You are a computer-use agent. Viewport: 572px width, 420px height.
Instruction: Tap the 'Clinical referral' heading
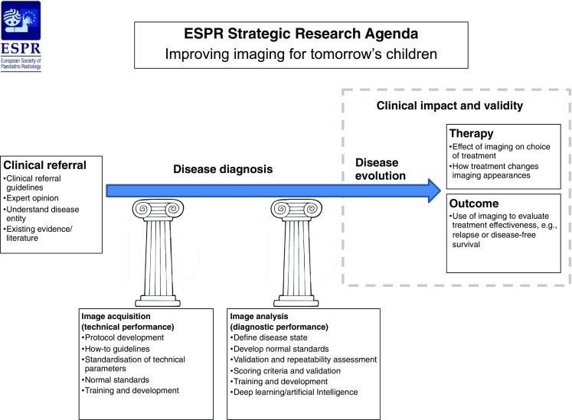44,166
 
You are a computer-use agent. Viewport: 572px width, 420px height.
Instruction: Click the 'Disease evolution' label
378,169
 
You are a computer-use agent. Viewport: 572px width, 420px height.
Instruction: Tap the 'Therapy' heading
472,133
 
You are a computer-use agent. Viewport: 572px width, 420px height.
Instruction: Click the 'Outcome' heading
476,204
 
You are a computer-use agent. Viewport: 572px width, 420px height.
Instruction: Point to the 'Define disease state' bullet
270,337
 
